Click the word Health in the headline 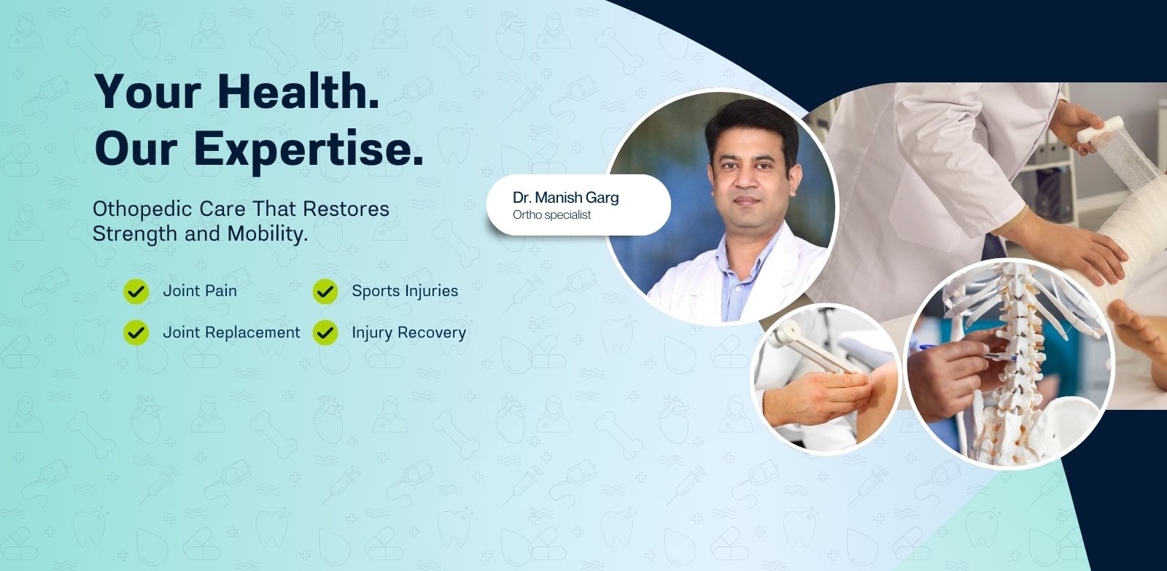[x=298, y=91]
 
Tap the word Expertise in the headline [x=309, y=149]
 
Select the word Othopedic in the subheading [x=143, y=209]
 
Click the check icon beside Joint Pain [x=136, y=291]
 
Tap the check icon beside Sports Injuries [x=325, y=291]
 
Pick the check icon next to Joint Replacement [x=136, y=333]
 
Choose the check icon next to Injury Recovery [x=325, y=333]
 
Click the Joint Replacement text [x=231, y=333]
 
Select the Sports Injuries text [x=405, y=291]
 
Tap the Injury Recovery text [x=409, y=333]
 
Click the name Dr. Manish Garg [x=566, y=198]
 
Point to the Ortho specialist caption [x=551, y=214]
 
